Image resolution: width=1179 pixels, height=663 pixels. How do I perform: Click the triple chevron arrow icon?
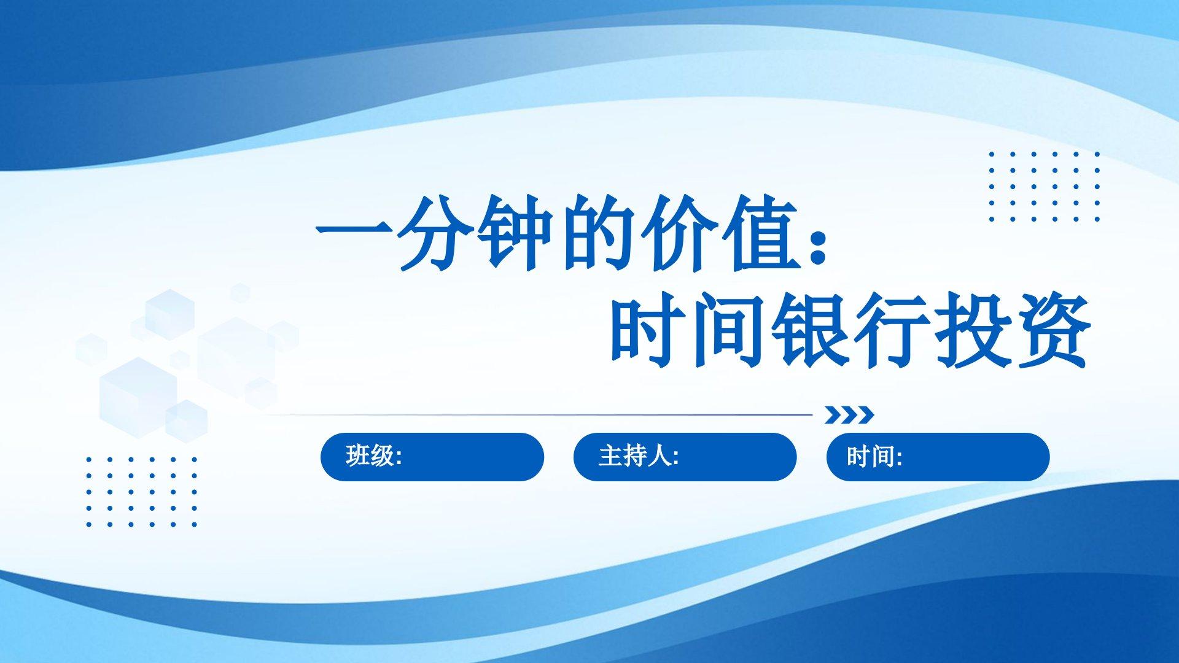849,415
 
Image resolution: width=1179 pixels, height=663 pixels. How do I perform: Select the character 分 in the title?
436,233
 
